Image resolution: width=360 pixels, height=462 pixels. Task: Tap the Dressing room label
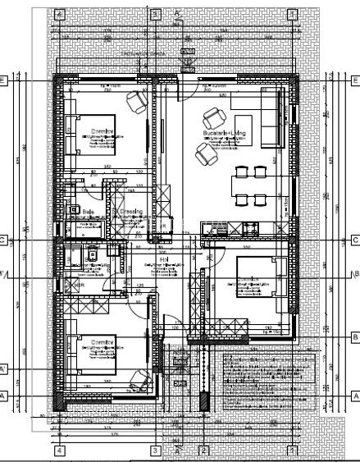click(129, 212)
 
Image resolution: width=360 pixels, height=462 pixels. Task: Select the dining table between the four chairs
click(248, 185)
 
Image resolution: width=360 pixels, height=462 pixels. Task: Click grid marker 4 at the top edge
click(59, 14)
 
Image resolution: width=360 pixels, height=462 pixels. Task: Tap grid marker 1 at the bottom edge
click(292, 451)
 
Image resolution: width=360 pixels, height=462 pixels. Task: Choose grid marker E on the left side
click(4, 80)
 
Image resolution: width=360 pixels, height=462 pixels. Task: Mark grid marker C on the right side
click(355, 240)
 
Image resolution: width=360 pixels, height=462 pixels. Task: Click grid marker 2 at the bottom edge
click(204, 451)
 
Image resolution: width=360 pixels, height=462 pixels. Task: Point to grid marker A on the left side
click(4, 396)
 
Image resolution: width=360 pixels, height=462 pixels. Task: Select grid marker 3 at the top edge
click(154, 14)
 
